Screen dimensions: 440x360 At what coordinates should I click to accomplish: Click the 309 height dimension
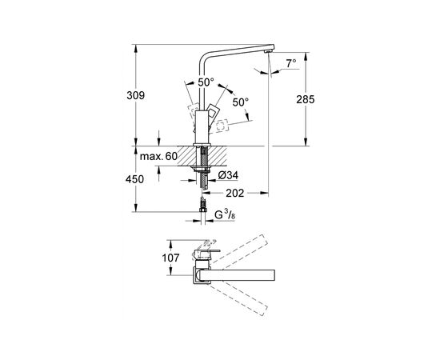pos(135,95)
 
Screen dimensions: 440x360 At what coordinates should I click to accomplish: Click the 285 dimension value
pos(306,99)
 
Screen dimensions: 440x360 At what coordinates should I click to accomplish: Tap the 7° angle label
pos(291,63)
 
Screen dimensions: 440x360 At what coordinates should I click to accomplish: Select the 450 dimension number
pos(134,179)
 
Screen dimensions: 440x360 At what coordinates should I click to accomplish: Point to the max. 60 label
pos(158,156)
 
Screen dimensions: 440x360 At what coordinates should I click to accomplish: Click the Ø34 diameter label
pos(228,175)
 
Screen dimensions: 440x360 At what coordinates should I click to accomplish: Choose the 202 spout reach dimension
pos(235,193)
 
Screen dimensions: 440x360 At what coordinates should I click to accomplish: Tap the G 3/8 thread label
pos(225,215)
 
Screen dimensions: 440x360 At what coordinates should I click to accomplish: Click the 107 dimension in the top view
pos(170,258)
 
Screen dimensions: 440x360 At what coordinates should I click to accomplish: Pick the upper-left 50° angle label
pos(206,82)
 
